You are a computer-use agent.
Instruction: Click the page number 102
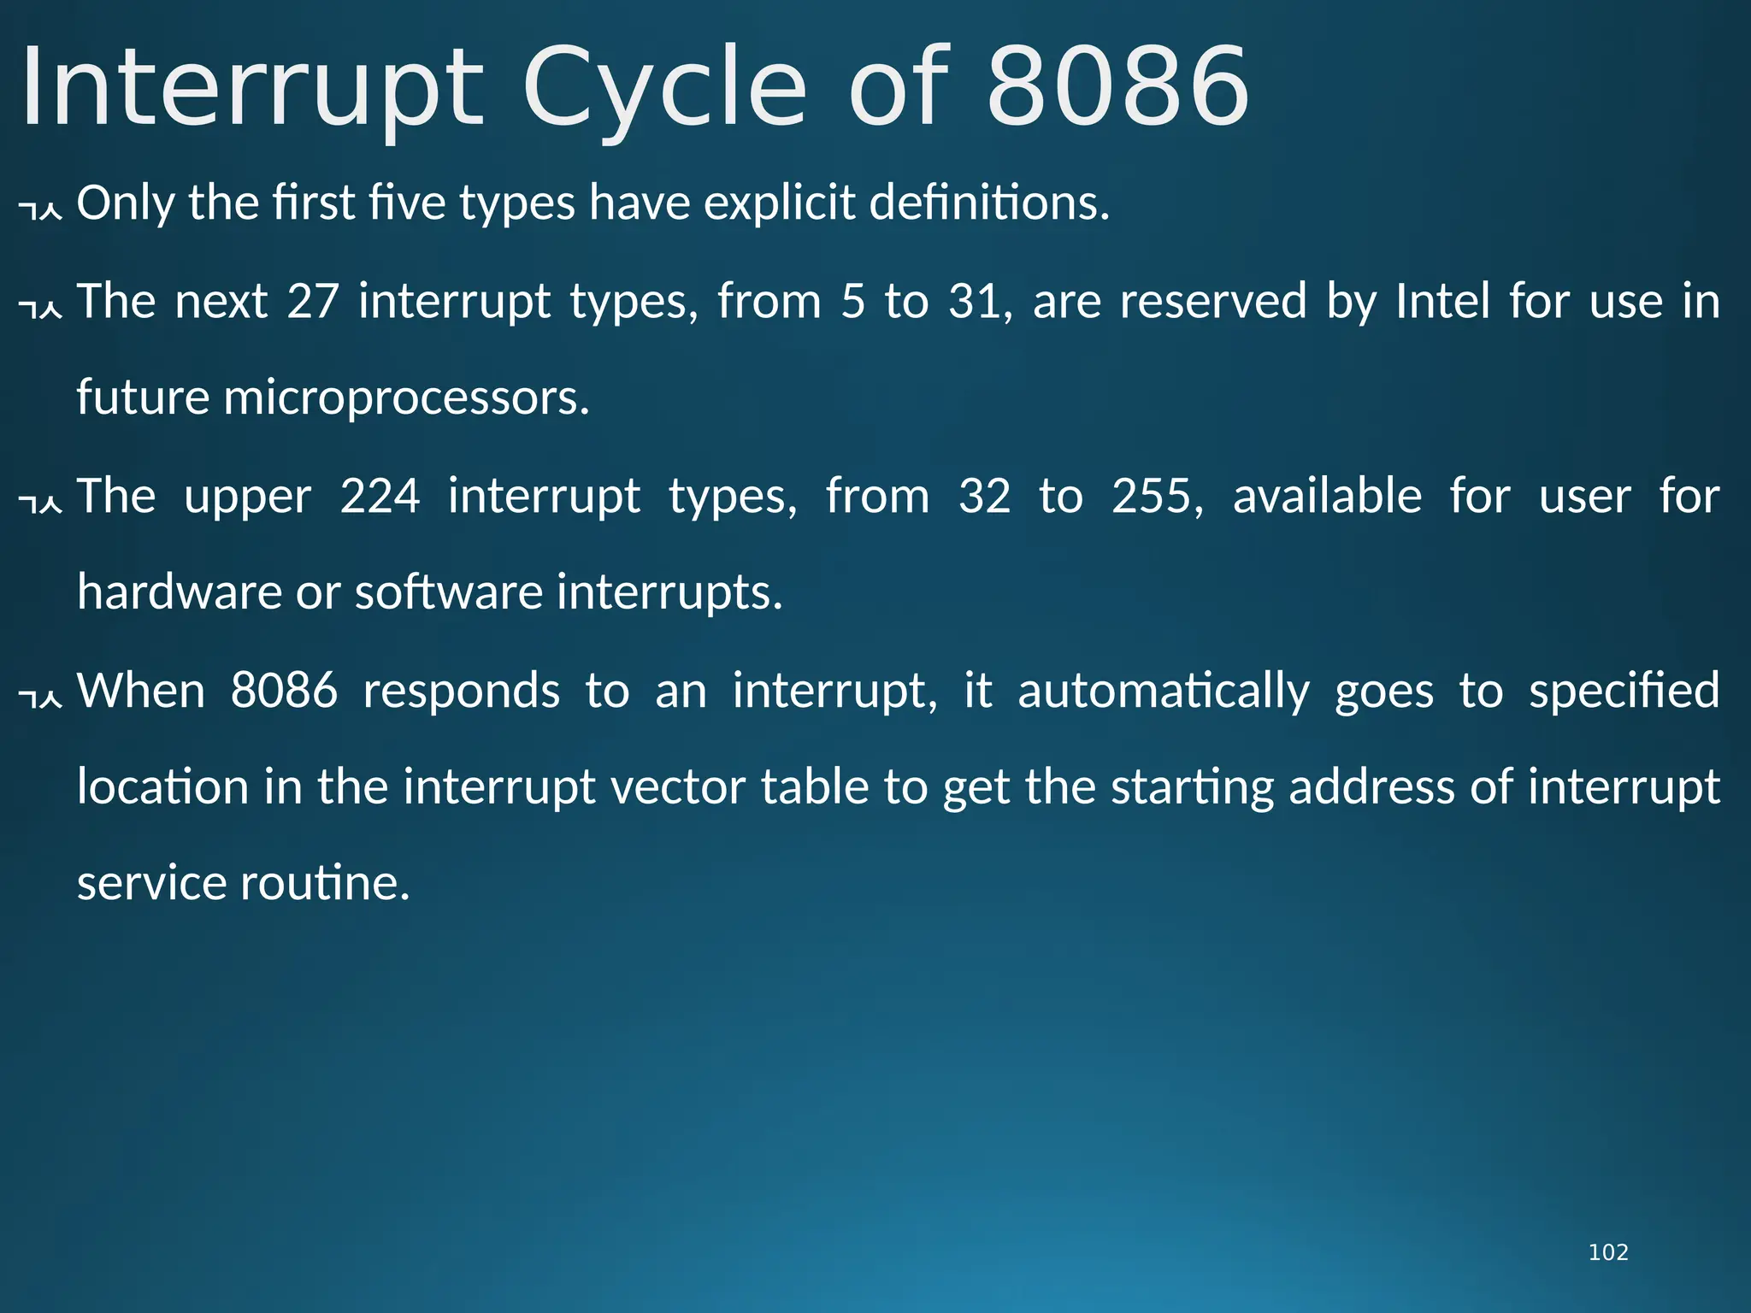point(1607,1252)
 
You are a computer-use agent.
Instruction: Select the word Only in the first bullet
point(126,203)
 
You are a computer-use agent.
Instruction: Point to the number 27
point(313,301)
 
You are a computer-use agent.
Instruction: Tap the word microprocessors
point(406,398)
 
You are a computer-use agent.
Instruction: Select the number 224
point(380,496)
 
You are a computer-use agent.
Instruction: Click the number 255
point(1157,496)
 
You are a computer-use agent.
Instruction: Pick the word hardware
point(179,592)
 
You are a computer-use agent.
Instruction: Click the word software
point(448,592)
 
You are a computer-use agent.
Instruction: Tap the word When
point(141,690)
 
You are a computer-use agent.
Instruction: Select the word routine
point(325,883)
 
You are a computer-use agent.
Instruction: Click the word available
point(1327,496)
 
